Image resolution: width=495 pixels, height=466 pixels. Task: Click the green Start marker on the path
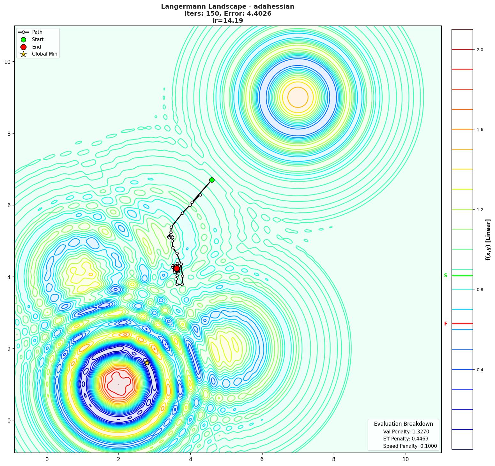(212, 180)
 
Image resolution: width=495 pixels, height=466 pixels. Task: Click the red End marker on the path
(177, 268)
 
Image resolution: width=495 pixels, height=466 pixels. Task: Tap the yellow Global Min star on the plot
(147, 363)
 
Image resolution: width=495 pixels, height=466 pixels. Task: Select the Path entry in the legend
(37, 32)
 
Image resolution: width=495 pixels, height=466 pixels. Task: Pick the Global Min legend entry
(44, 54)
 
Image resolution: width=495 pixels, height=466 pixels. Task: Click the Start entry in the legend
(38, 40)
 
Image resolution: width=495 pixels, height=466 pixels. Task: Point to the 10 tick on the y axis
(7, 62)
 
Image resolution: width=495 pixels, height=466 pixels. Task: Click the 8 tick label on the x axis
(334, 459)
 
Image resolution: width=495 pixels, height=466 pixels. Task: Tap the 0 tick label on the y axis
(9, 420)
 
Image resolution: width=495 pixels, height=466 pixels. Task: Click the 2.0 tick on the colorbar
(480, 50)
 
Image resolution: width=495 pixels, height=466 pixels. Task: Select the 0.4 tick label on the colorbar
(480, 370)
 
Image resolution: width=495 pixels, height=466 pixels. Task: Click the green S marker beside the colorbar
(445, 276)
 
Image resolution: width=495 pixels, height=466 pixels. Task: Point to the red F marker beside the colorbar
(445, 324)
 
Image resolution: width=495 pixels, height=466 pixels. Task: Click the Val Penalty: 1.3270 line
(406, 432)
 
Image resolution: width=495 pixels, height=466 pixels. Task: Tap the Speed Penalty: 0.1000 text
(410, 446)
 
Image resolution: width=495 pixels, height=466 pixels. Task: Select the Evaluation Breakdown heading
(403, 424)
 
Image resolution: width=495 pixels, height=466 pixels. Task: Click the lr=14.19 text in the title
(227, 21)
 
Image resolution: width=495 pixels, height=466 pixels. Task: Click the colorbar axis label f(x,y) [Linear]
(488, 240)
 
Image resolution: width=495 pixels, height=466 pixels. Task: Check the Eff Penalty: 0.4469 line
(406, 439)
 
